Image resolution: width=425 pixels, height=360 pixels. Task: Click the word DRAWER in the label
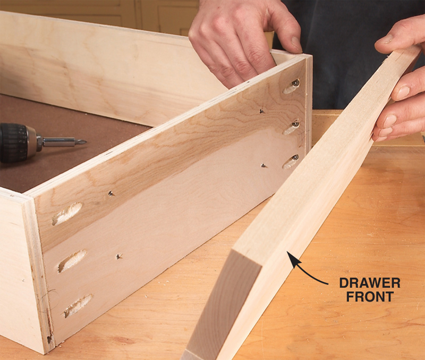[370, 283]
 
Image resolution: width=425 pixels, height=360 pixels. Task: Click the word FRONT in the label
[370, 297]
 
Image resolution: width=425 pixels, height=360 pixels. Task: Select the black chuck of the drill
[14, 143]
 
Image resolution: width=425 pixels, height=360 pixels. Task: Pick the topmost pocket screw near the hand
[295, 83]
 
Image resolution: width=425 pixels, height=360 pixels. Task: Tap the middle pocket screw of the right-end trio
[295, 124]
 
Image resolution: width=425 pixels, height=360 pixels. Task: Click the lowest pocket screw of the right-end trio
[295, 157]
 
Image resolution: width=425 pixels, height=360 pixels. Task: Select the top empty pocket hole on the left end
[67, 214]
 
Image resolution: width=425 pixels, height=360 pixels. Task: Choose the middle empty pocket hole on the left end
[72, 261]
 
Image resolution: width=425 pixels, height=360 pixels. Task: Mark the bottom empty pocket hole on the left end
[79, 305]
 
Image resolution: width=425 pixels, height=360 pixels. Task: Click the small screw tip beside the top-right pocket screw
[262, 111]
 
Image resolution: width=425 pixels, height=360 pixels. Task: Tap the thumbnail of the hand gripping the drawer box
[296, 44]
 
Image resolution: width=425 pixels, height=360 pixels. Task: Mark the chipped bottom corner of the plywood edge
[49, 339]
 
